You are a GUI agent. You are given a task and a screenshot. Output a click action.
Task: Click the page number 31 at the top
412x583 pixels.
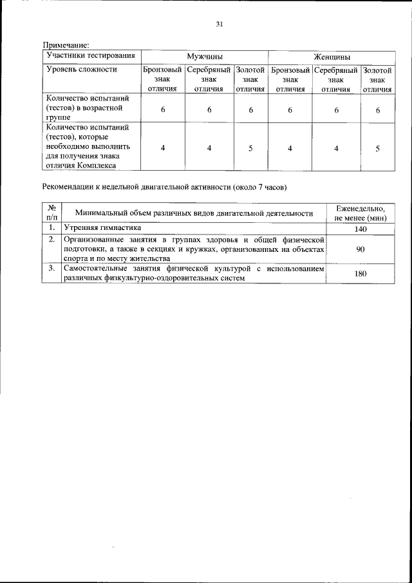(x=220, y=24)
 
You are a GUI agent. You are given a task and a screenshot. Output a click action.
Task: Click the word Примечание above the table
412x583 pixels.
(x=66, y=45)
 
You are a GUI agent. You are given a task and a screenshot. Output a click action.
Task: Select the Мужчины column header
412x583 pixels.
(x=205, y=57)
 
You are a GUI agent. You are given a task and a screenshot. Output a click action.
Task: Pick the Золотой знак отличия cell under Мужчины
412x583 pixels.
(x=250, y=79)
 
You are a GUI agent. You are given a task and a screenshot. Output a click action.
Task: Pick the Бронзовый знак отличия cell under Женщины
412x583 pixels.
(x=290, y=79)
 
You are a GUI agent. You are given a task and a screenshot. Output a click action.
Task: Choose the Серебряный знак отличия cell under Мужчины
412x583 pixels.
(x=209, y=79)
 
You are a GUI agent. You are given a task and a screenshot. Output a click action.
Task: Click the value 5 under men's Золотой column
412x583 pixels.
(x=250, y=148)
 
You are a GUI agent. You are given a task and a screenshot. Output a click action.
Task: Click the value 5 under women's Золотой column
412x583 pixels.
(x=377, y=148)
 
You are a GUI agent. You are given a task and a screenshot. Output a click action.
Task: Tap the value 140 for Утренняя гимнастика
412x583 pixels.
(x=360, y=229)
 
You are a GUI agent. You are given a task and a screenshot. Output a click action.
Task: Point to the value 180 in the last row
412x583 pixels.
(x=360, y=274)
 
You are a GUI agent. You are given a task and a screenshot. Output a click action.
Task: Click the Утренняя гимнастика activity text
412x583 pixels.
(x=100, y=228)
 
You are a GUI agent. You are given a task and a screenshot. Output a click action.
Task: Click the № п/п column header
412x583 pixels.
(x=51, y=213)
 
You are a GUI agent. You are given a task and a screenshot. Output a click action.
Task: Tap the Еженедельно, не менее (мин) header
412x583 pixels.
(x=360, y=213)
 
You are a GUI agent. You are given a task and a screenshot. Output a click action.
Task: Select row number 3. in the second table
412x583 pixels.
(x=51, y=267)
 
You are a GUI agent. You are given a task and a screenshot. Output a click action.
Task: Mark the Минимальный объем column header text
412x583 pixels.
(x=194, y=213)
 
